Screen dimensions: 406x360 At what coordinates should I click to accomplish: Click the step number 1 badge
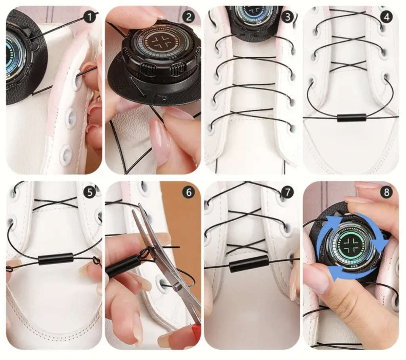point(90,17)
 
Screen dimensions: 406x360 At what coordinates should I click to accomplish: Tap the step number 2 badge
point(189,17)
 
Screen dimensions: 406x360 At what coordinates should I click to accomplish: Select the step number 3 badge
point(287,17)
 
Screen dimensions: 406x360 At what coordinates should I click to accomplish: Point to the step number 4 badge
point(387,17)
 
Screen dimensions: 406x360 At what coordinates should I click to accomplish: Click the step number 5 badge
point(90,193)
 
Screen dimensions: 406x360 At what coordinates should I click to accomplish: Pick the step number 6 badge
point(189,193)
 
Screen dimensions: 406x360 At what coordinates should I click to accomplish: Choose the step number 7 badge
point(287,193)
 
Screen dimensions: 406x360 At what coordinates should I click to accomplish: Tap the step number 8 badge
point(387,193)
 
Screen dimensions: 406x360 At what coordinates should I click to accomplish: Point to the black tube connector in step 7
point(248,263)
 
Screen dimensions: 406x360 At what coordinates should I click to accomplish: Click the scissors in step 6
point(166,264)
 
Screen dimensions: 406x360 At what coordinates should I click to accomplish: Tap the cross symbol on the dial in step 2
point(160,42)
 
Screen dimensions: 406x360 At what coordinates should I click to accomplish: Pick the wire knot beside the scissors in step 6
point(146,252)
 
